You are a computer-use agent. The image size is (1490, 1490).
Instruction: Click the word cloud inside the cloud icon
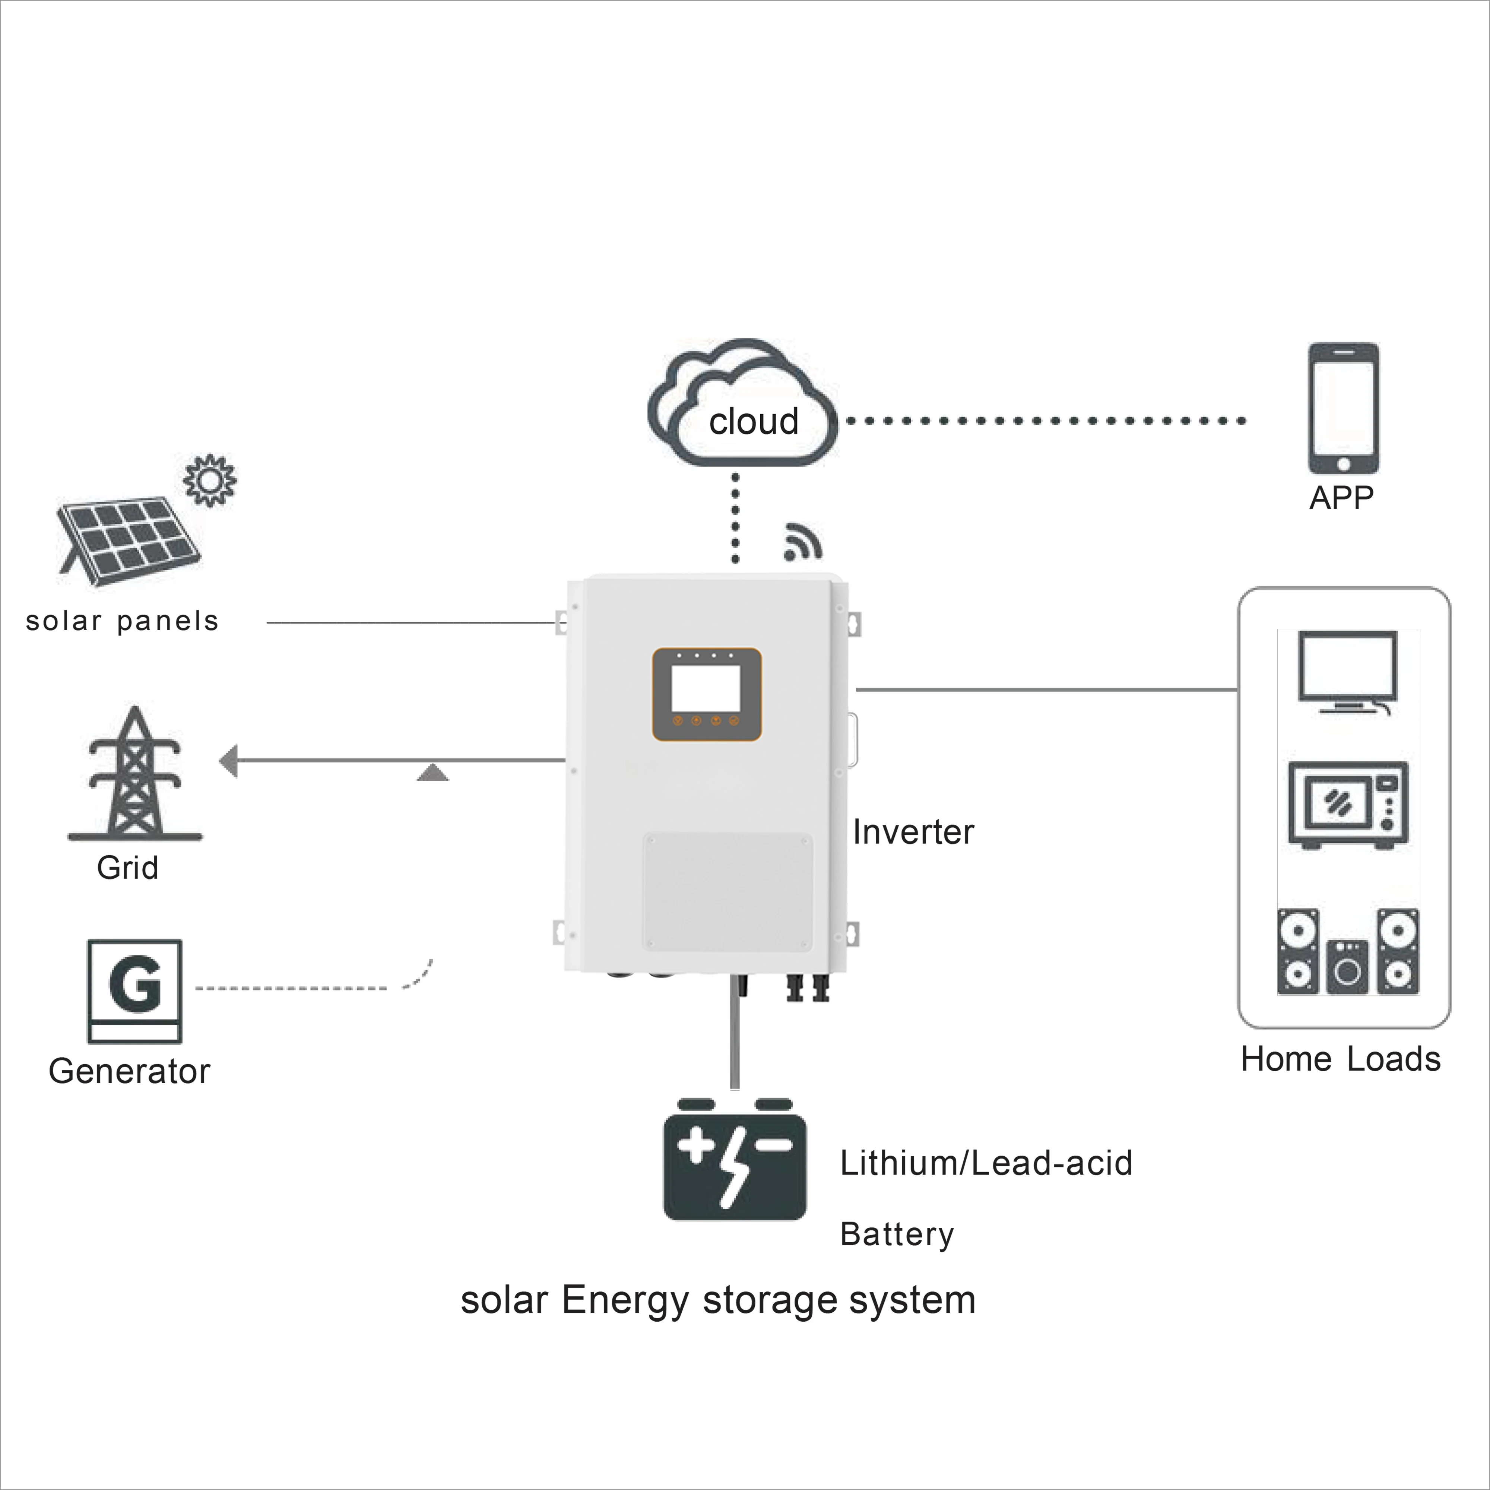click(754, 421)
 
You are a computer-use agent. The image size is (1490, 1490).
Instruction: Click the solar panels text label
click(122, 621)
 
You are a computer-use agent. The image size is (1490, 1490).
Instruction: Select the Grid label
click(127, 868)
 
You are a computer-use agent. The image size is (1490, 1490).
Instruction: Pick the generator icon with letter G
click(135, 991)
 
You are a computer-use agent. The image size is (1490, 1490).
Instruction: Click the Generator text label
click(129, 1071)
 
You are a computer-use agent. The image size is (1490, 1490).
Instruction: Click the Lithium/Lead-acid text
click(986, 1163)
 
